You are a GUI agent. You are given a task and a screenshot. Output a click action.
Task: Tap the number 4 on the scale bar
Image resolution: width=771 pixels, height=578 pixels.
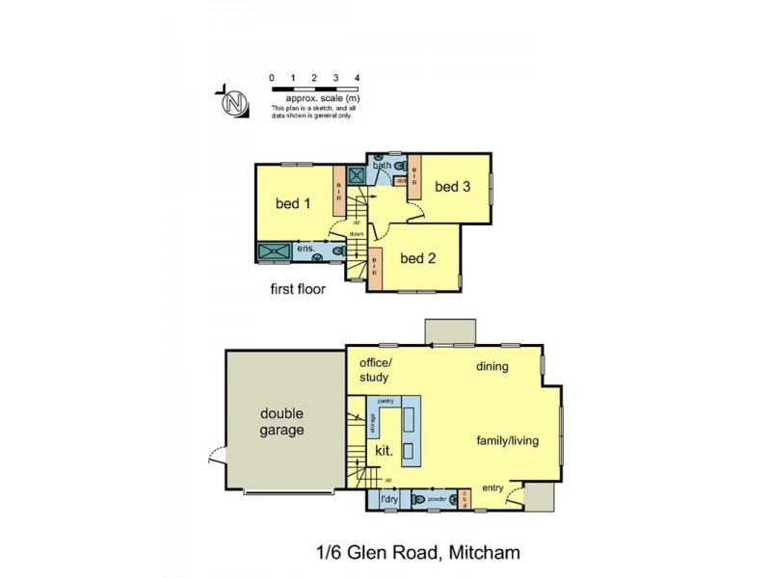(358, 76)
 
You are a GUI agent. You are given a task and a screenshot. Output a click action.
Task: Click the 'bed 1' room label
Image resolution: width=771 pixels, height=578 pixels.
(293, 203)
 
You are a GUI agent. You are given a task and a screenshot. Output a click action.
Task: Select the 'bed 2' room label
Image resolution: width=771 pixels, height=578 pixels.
(419, 258)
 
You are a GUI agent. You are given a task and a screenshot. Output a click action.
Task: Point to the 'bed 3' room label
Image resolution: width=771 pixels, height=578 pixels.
(452, 187)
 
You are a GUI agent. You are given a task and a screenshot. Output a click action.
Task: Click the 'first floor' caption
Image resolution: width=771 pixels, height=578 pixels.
(298, 288)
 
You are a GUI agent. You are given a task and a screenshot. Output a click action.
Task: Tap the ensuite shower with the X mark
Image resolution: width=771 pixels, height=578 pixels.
(275, 250)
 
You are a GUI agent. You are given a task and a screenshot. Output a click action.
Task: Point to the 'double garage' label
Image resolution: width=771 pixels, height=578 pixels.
(282, 422)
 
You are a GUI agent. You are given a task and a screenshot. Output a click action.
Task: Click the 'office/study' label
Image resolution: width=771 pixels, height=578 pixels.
(375, 370)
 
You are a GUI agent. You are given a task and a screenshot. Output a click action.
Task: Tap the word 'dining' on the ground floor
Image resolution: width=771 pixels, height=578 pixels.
(492, 367)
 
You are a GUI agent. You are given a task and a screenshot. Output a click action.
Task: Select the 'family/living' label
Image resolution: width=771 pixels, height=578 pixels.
(507, 441)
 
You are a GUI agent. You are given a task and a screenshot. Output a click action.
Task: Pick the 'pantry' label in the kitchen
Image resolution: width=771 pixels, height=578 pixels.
(387, 399)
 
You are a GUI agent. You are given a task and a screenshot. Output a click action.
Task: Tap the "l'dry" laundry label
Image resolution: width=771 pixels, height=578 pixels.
(388, 499)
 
